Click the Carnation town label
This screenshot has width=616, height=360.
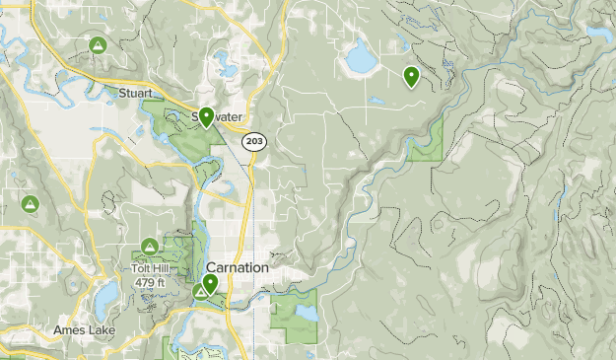click(238, 268)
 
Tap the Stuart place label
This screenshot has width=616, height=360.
click(135, 94)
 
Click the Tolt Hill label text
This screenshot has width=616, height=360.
click(150, 266)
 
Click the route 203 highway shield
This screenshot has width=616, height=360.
click(254, 142)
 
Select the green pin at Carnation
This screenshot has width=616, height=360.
click(210, 284)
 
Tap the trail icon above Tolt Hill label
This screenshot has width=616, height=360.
click(149, 246)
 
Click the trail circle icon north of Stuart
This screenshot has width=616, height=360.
click(98, 45)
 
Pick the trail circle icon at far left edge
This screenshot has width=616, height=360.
click(30, 203)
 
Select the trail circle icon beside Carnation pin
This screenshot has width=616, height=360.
click(200, 291)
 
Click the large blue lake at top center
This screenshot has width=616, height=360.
click(361, 60)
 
